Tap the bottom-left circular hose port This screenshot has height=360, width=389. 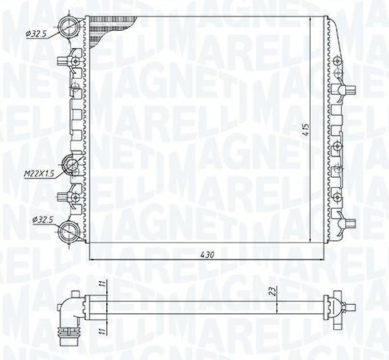pos(69,231)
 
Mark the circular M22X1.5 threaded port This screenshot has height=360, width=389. pos(72,166)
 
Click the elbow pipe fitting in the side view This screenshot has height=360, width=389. pos(70,311)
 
